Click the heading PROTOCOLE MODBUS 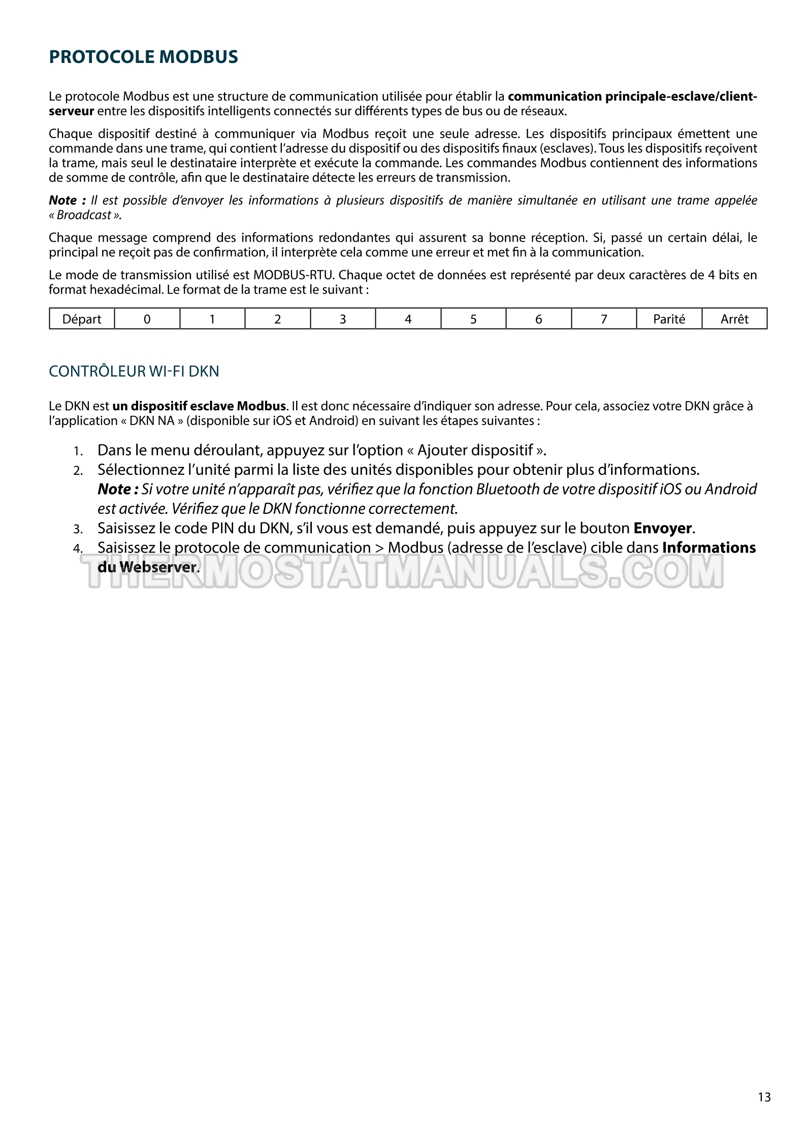143,57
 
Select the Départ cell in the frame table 82,319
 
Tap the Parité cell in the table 669,319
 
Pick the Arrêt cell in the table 734,319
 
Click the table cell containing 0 147,319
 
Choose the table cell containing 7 604,319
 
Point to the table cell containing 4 408,319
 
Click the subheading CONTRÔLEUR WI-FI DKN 134,372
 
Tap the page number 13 764,1097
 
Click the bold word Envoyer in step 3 663,528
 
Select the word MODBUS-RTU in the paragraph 294,275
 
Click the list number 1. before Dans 78,451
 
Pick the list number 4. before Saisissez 78,549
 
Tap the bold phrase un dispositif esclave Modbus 199,406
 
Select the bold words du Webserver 147,567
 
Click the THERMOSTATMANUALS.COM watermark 404,571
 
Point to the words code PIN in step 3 204,528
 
